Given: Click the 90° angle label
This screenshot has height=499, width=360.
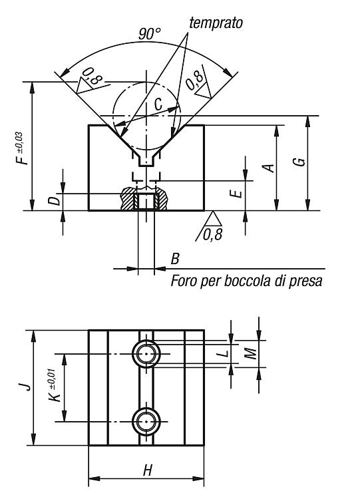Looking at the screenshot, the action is [x=150, y=33].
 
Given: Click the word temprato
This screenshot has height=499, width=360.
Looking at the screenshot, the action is [x=216, y=23].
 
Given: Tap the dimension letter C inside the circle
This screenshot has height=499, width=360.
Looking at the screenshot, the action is [x=158, y=104].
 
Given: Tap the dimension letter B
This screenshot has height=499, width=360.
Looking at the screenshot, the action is [x=176, y=259].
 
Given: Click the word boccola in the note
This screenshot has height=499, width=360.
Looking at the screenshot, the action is [x=248, y=281].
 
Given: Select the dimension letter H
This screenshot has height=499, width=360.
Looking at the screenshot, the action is [x=147, y=470].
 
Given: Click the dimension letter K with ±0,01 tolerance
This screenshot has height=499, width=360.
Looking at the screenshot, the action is [x=55, y=386].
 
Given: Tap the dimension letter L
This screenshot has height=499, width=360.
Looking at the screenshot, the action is [x=224, y=353].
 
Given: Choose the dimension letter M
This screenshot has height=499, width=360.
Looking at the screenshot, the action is [x=251, y=353].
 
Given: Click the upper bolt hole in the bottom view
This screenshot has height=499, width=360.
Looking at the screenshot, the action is [x=146, y=354].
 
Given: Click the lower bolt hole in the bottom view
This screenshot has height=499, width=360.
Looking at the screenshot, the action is [x=146, y=421].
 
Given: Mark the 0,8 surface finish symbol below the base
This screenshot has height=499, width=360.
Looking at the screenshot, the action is [x=210, y=228].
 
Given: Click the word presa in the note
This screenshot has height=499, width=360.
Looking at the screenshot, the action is [x=305, y=281].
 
